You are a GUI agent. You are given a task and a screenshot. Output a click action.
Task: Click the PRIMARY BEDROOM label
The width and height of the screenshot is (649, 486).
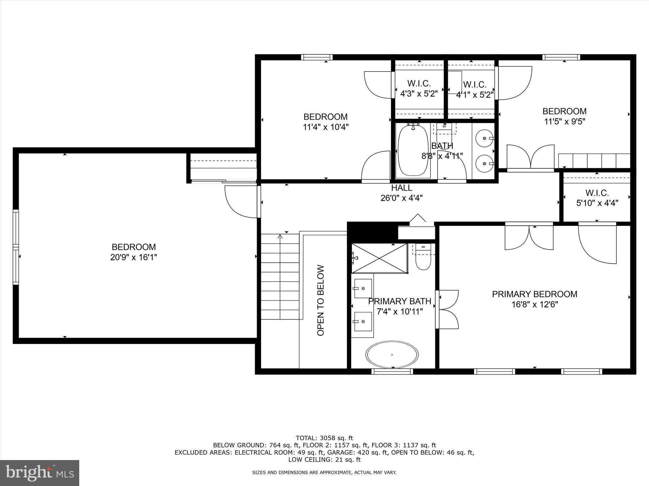[534, 294]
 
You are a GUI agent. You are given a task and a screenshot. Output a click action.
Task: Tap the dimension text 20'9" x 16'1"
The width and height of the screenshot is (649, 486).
[133, 257]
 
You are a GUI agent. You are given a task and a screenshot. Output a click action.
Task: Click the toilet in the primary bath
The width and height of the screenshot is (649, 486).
[423, 259]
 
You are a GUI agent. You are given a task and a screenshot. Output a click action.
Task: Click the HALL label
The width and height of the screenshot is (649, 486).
[402, 188]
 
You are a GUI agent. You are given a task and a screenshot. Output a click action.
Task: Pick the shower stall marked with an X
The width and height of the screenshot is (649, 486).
[379, 258]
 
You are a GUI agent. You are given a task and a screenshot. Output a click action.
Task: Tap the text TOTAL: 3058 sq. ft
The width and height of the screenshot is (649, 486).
[324, 438]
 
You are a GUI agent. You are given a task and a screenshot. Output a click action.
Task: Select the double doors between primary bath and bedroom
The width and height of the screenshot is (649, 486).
[447, 309]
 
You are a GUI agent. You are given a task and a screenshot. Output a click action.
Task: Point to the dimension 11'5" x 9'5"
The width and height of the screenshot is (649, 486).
[564, 121]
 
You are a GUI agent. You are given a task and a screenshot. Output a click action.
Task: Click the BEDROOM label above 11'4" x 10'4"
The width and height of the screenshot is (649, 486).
[325, 116]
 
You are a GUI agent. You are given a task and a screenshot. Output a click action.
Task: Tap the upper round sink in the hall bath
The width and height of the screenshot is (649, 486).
[485, 138]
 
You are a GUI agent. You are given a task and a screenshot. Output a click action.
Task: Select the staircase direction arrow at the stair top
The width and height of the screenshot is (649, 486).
[280, 236]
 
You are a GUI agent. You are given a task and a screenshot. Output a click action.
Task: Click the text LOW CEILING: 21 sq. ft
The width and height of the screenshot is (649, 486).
[324, 459]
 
